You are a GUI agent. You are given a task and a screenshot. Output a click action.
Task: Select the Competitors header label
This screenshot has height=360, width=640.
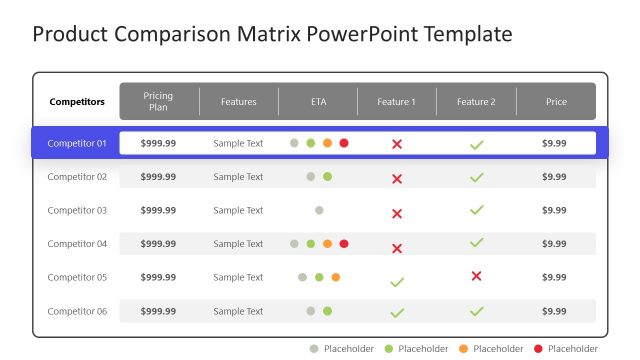(x=77, y=102)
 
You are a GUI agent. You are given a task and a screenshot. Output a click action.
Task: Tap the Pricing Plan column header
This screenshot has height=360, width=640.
(x=158, y=102)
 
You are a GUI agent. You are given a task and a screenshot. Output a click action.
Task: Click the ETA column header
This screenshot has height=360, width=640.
(x=318, y=102)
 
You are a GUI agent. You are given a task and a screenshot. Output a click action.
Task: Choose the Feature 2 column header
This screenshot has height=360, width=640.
(x=476, y=102)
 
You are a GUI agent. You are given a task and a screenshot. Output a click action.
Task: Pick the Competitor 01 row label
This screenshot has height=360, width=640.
(x=77, y=143)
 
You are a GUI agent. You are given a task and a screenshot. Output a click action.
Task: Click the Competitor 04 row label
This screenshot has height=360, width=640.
(x=77, y=244)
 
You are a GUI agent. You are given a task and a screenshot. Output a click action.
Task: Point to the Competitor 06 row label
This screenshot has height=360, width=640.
(x=77, y=311)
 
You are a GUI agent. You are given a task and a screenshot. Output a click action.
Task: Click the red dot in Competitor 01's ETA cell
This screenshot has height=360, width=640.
(x=344, y=143)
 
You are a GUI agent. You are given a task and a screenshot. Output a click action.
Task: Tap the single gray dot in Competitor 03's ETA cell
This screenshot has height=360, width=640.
(x=319, y=210)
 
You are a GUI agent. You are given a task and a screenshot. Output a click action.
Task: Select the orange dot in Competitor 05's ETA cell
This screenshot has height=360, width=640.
(x=336, y=277)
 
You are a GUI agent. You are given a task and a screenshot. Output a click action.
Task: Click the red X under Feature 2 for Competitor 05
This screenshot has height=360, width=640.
(x=476, y=276)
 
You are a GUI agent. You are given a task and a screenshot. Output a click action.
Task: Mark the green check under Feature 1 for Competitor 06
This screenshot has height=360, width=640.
(x=397, y=313)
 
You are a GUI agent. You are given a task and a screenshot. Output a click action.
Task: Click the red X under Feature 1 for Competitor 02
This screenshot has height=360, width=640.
(x=397, y=179)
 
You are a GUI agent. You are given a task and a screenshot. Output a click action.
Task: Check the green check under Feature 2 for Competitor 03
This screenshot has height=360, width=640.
(x=476, y=210)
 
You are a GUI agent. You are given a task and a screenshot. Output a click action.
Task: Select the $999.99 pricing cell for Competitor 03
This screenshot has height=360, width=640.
(x=158, y=210)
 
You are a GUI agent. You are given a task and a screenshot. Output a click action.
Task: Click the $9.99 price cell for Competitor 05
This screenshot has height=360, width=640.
(x=554, y=277)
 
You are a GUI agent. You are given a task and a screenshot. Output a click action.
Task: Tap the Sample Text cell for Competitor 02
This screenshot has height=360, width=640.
(x=238, y=177)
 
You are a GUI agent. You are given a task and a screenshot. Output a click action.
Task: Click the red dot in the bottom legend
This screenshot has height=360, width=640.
(x=539, y=349)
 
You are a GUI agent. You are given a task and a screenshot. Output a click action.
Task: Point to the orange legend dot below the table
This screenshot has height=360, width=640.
(x=463, y=349)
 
